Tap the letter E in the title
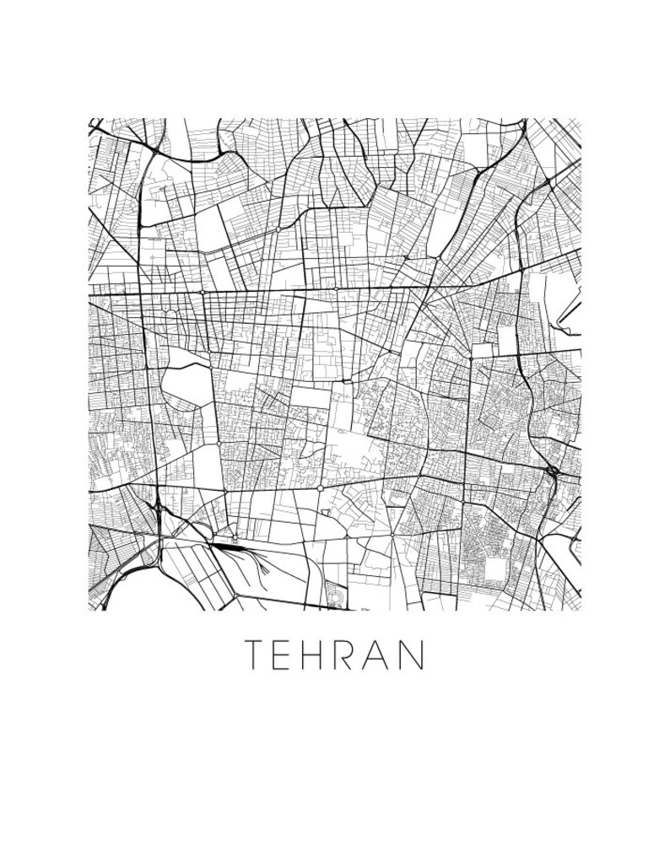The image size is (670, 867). (x=286, y=654)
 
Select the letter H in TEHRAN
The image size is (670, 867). (x=321, y=654)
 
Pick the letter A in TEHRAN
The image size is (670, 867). (x=385, y=654)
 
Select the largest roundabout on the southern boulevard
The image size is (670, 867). (x=321, y=487)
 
